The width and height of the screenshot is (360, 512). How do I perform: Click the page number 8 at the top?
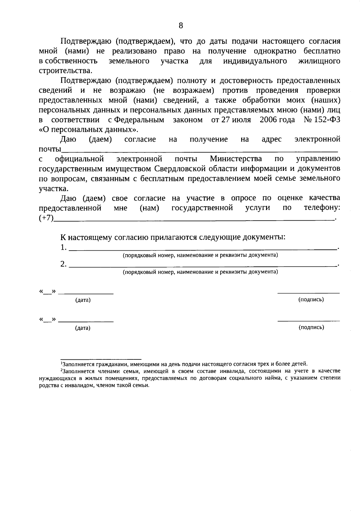[181, 25]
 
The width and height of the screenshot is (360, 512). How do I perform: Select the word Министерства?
[235, 159]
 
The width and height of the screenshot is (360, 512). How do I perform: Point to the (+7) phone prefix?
[46, 218]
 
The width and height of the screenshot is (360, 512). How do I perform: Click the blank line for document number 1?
[202, 249]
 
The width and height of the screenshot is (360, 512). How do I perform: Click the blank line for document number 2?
[202, 265]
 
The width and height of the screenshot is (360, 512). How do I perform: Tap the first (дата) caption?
[83, 300]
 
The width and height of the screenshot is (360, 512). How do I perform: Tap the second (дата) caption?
[83, 328]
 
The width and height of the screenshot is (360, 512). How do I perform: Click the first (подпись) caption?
[311, 299]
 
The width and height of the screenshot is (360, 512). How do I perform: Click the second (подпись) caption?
[311, 327]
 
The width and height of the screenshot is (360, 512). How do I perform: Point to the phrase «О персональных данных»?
[89, 130]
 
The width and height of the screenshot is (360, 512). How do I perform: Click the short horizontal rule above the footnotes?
[101, 359]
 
